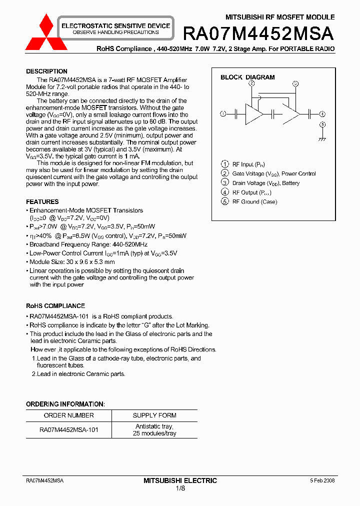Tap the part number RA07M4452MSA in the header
258,33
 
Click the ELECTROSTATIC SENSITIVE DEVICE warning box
115,28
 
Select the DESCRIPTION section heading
46,71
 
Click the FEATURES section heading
42,201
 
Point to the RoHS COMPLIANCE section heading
55,305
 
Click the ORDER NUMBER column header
68,415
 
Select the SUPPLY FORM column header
154,415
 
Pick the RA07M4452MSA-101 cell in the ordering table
68,429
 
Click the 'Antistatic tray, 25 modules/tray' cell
154,429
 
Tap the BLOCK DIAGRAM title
247,77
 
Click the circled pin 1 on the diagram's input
223,114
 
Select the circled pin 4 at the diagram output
322,114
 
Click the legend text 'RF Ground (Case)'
254,201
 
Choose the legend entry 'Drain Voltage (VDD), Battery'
265,183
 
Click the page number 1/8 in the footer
180,488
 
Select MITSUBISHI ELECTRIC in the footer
180,480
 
